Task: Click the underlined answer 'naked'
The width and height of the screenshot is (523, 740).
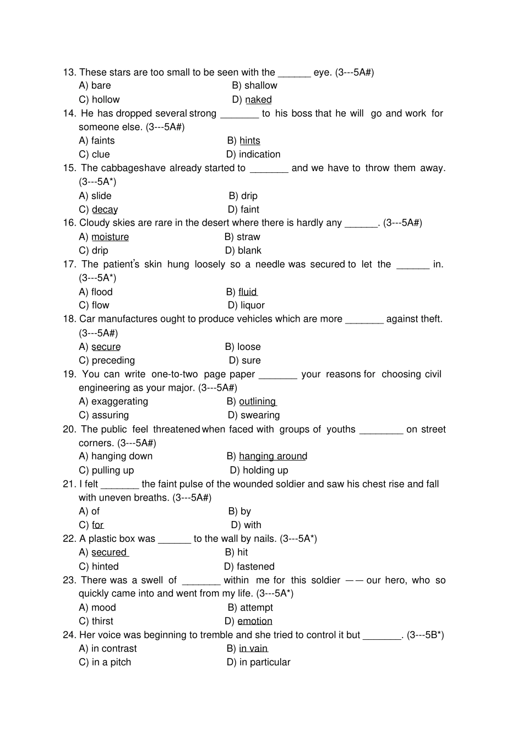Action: [258, 100]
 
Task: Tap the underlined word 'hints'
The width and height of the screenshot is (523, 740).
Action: [250, 141]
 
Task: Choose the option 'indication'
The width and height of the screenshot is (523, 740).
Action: [259, 155]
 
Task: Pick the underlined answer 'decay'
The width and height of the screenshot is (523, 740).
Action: [105, 210]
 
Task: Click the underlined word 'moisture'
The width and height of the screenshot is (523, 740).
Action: [110, 237]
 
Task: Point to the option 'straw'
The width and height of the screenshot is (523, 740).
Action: [248, 237]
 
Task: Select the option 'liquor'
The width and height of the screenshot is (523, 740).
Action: [252, 305]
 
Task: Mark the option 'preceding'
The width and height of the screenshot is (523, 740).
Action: [113, 360]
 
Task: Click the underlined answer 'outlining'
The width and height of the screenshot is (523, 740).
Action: [257, 402]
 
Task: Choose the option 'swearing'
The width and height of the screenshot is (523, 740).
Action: [260, 415]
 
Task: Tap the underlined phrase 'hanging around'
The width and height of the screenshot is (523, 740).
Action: [273, 456]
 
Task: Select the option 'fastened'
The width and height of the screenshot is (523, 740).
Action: [255, 567]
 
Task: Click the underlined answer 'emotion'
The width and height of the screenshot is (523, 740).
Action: [255, 621]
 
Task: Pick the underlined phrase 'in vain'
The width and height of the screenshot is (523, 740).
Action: [253, 649]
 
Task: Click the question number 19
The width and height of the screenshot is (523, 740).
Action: [69, 374]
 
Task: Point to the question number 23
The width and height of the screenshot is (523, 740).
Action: [69, 580]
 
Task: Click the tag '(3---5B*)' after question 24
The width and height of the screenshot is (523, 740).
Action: [425, 635]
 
